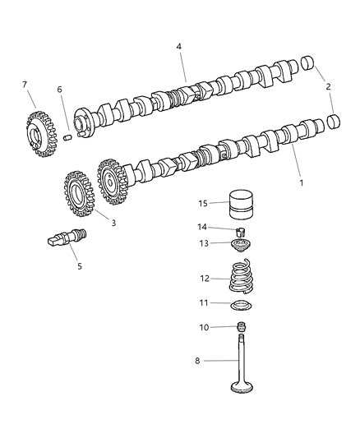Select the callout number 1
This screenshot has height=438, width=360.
coord(301,182)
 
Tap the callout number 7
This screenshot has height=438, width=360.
coord(25,85)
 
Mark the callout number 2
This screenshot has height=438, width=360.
coord(327,86)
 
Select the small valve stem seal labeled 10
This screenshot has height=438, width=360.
coord(241,329)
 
